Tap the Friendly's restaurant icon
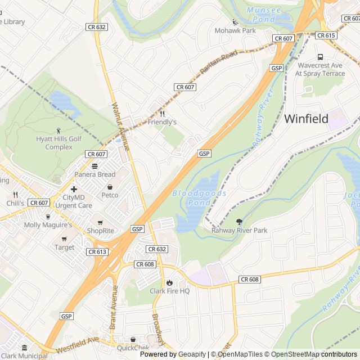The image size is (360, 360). tap(162, 113)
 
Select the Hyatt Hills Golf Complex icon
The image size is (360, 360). tap(59, 130)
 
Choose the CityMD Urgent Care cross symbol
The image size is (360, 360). tap(74, 189)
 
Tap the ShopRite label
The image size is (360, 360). tap(100, 231)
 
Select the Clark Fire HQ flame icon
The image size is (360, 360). tap(169, 282)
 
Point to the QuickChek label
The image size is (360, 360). tap(134, 348)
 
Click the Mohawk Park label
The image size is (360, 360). tap(235, 30)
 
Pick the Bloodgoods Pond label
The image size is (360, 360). tap(199, 197)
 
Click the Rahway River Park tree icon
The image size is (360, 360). tap(239, 222)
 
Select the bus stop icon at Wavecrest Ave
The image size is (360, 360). tap(320, 57)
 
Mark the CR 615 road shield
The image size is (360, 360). tap(326, 35)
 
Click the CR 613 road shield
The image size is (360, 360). tap(97, 252)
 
